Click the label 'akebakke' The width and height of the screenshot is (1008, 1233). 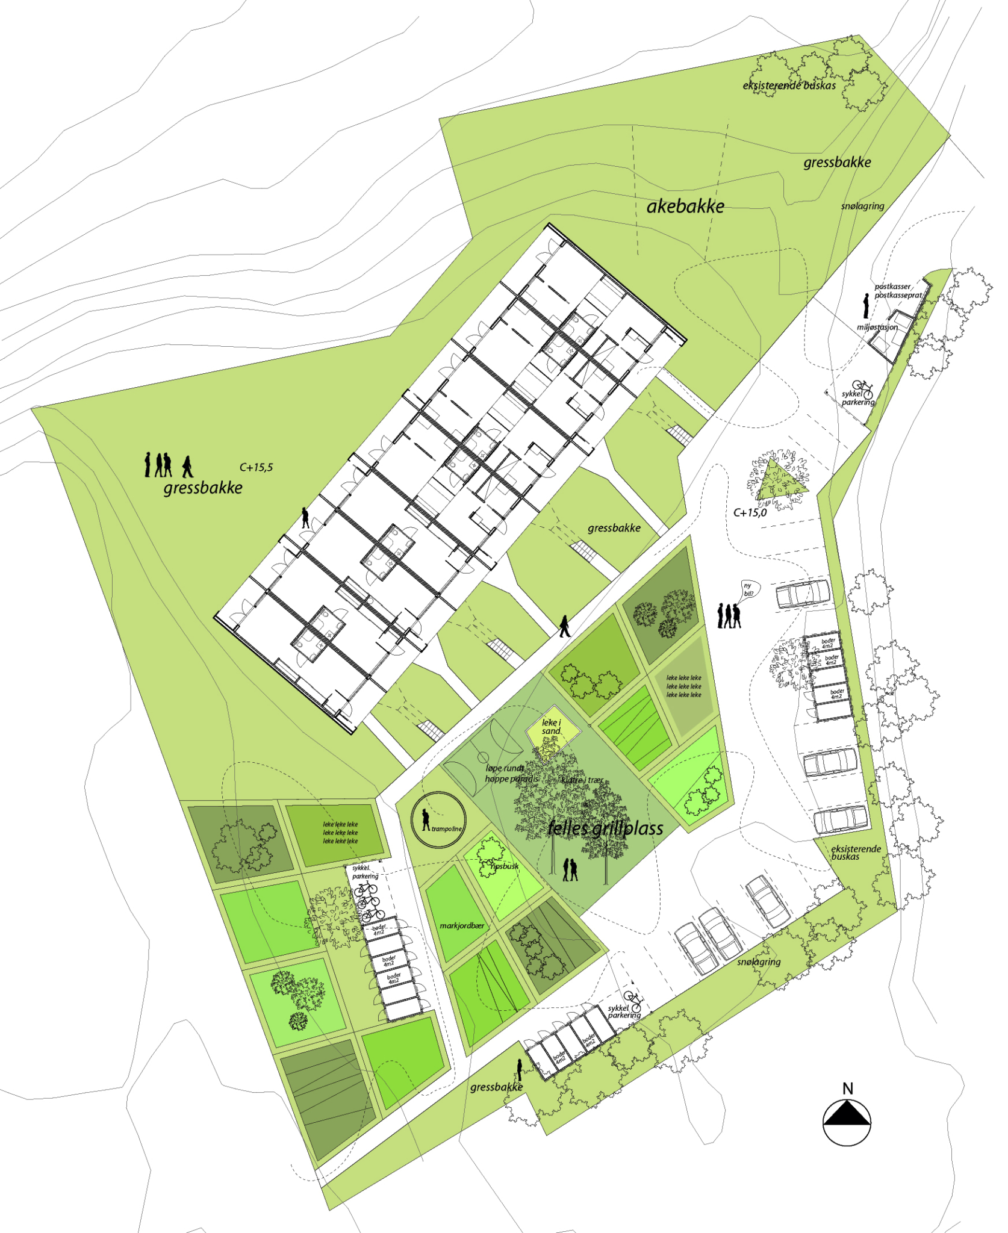tap(685, 207)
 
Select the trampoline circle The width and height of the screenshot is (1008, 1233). tap(438, 820)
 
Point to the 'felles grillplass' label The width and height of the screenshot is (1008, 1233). tap(605, 828)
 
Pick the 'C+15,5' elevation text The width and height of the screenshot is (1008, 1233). tap(256, 467)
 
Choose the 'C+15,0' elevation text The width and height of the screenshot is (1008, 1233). tap(750, 513)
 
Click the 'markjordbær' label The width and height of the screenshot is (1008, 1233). tap(462, 926)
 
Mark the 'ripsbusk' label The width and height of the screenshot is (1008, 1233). tap(504, 866)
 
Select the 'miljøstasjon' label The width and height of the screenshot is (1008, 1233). tap(877, 328)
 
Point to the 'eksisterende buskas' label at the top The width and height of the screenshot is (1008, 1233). tap(789, 86)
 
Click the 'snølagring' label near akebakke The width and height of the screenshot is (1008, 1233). tap(862, 207)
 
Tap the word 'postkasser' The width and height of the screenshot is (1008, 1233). tap(892, 287)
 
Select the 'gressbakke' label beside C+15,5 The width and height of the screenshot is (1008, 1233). tap(203, 488)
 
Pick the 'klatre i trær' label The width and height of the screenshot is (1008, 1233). tap(582, 780)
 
